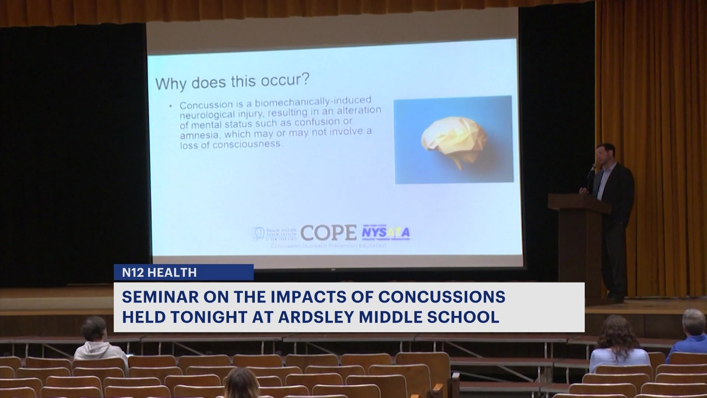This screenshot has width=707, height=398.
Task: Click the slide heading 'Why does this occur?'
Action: [232, 82]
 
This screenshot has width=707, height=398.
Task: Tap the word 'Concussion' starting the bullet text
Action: [206, 105]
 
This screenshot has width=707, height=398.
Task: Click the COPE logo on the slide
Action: [328, 233]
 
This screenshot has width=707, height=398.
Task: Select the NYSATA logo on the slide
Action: [386, 233]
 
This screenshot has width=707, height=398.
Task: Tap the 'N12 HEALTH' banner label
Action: [159, 273]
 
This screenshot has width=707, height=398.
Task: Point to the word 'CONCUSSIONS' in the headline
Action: [442, 297]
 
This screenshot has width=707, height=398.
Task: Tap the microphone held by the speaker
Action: [592, 169]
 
